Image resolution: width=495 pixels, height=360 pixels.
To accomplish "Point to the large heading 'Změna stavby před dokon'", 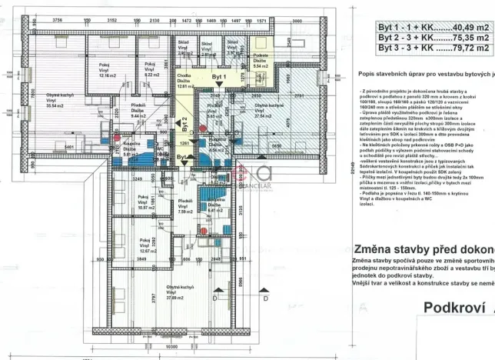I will point(424,249).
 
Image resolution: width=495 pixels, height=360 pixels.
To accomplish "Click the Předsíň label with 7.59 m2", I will point(184,207).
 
